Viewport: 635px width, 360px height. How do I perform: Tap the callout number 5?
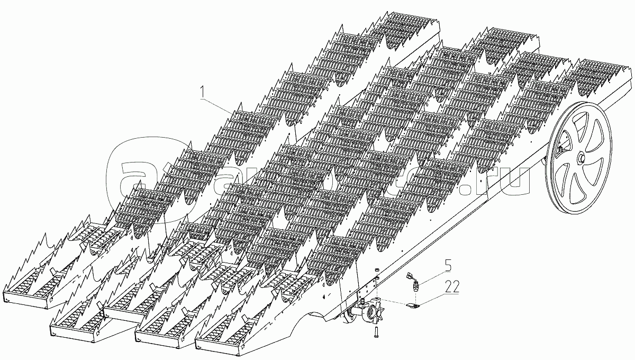click(448, 263)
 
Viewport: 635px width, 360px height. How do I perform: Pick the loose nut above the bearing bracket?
click(376, 271)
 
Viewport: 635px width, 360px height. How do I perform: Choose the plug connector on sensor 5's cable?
click(409, 275)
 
